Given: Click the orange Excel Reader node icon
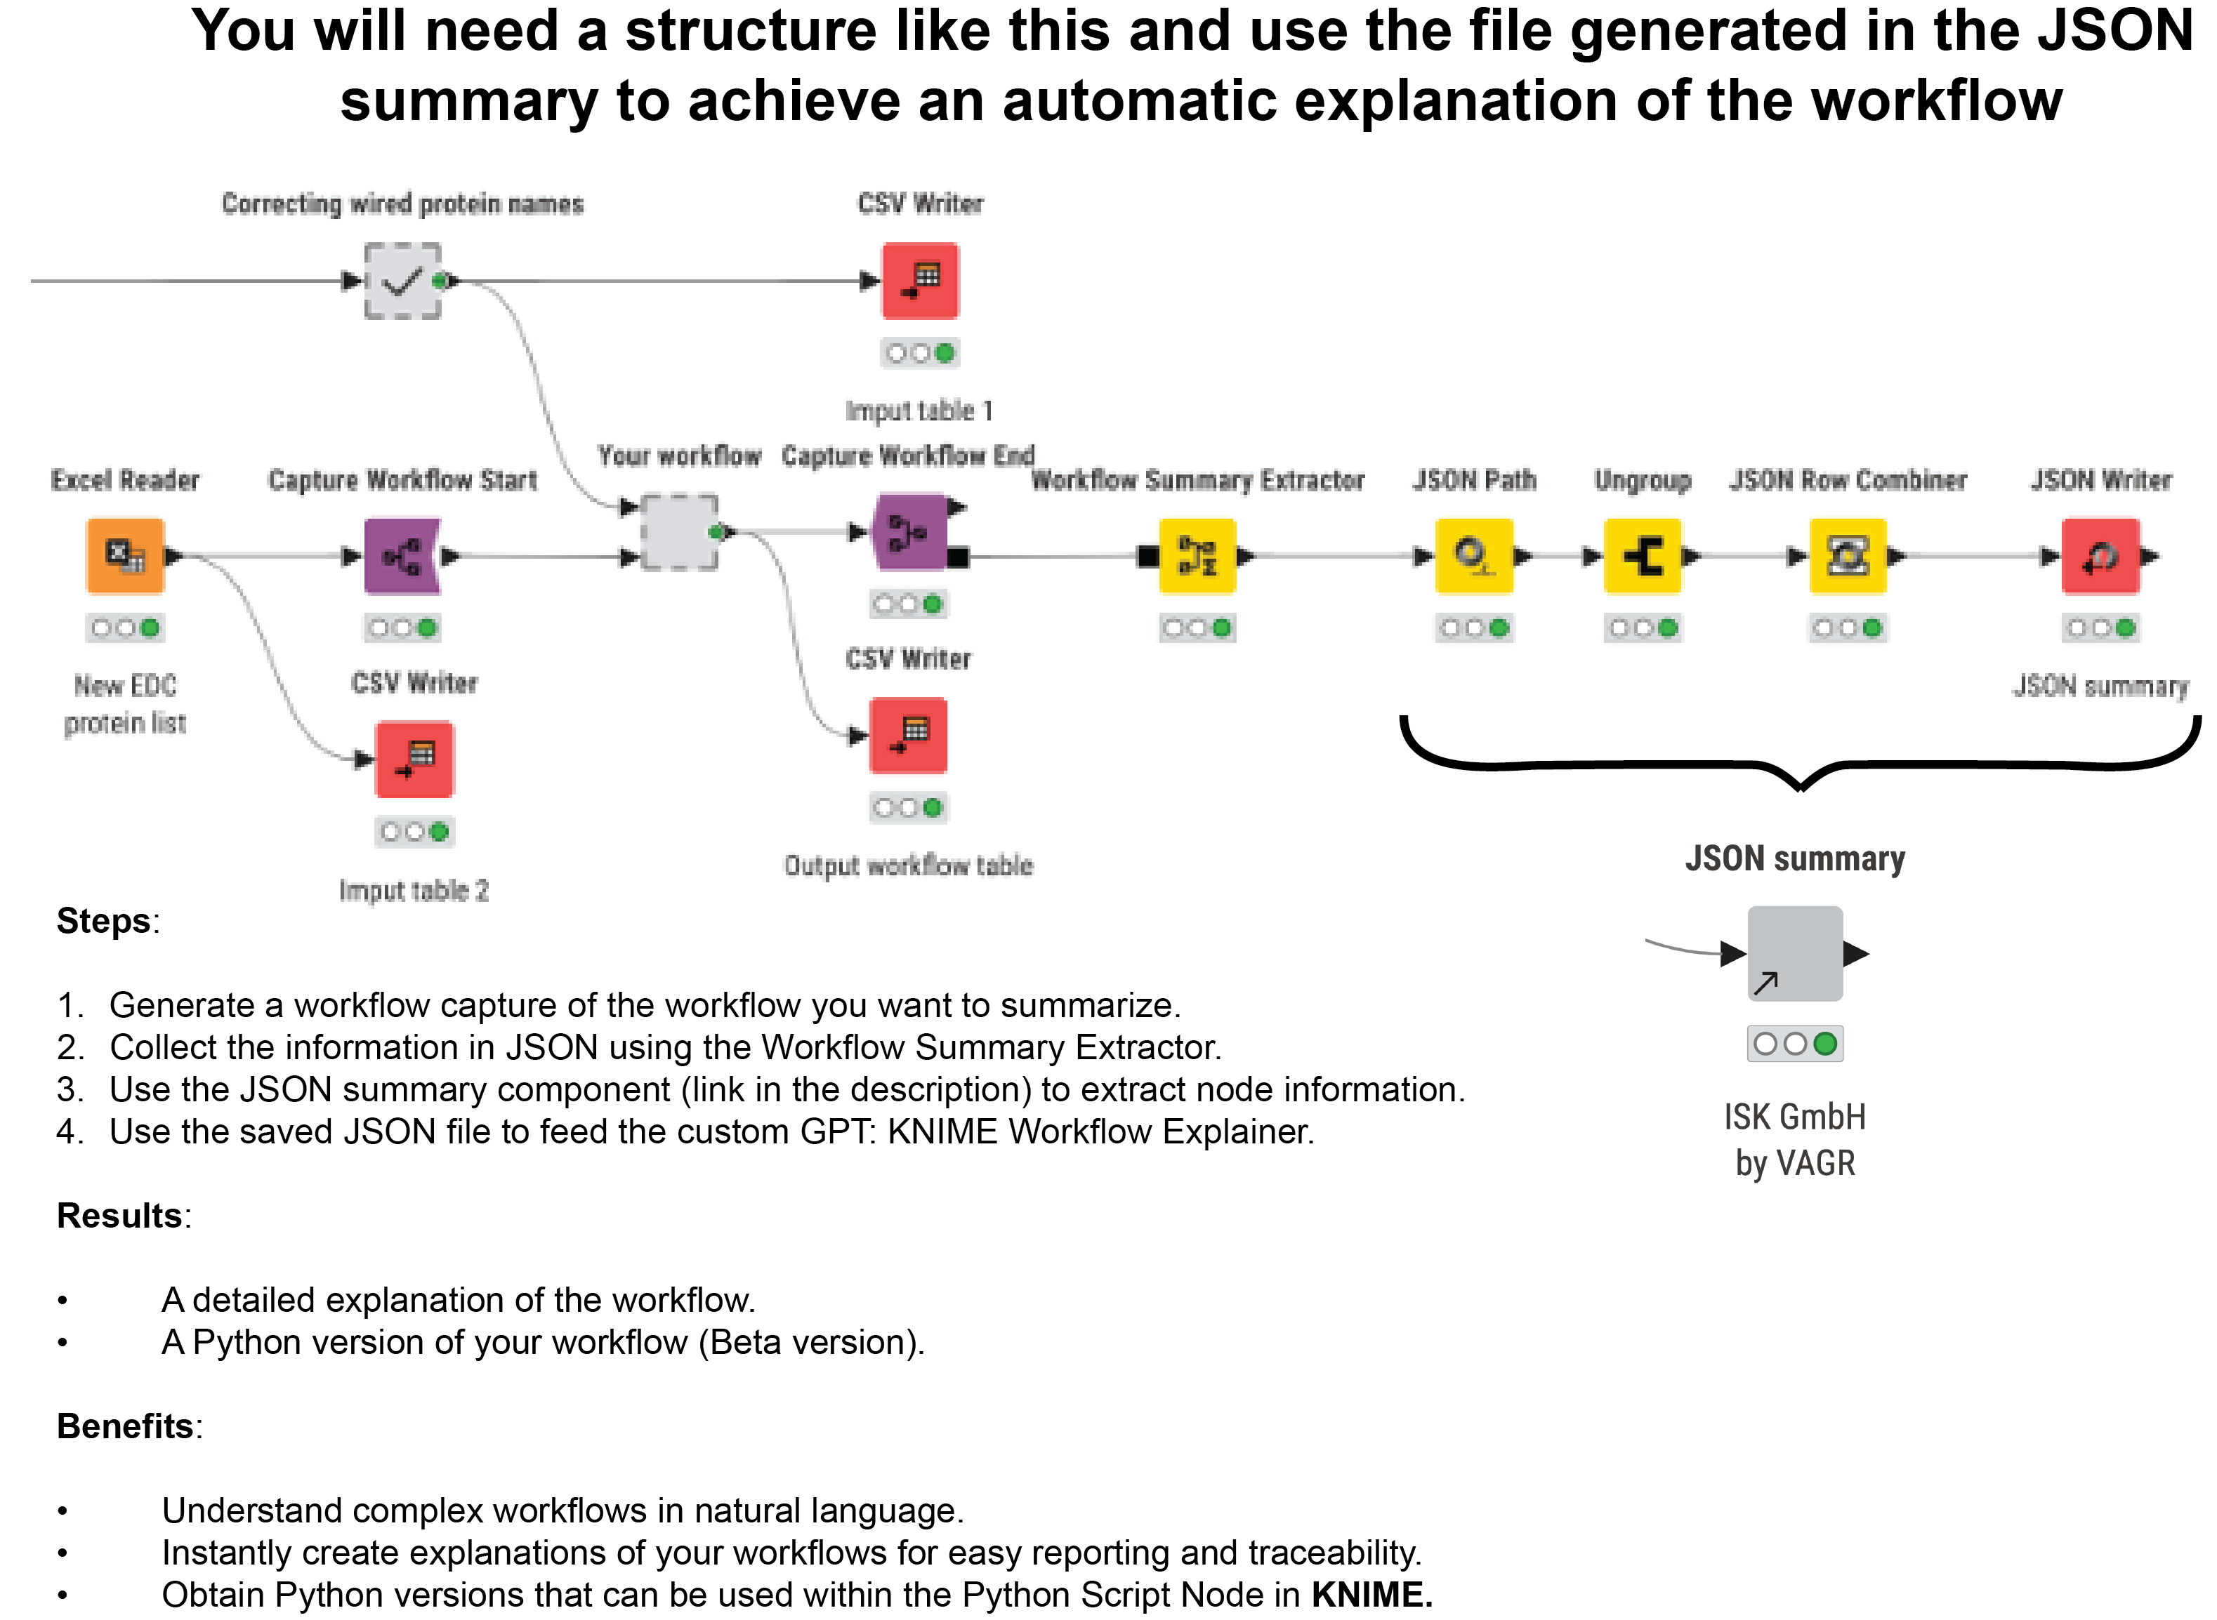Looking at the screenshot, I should pos(124,556).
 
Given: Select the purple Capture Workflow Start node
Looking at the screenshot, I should pos(401,556).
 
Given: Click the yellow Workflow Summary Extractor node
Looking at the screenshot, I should pos(1197,556).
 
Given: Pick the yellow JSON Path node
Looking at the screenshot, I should pos(1473,556).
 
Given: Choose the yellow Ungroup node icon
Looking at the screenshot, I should pos(1643,556).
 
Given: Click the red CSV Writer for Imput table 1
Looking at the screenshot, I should pos(920,281).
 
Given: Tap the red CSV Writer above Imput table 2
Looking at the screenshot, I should pos(414,759).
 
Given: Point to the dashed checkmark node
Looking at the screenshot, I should pos(402,281).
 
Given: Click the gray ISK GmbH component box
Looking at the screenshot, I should pos(1795,953).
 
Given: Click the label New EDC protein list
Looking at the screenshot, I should pos(124,704).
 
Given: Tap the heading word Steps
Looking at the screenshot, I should pos(103,922).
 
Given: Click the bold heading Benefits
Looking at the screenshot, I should pos(124,1426).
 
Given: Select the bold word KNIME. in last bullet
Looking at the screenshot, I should pos(1371,1595).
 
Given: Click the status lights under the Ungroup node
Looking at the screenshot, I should pos(1643,628).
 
